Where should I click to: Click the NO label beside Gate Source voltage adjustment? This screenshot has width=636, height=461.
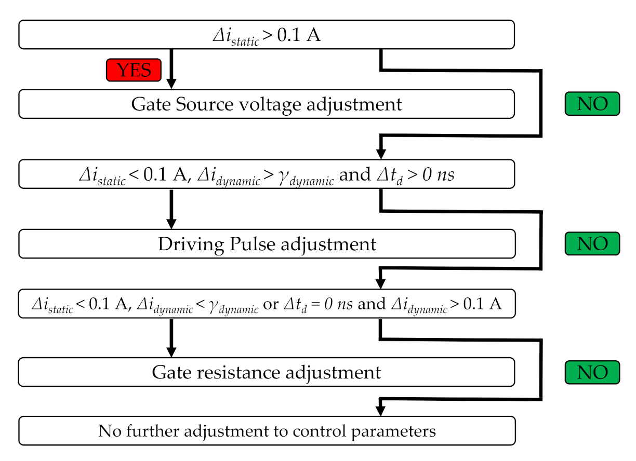point(592,104)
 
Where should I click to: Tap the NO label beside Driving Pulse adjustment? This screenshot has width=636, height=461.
point(592,243)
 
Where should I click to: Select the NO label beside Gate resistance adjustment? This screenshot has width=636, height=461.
point(592,372)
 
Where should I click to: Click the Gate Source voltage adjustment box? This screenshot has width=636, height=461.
point(266,104)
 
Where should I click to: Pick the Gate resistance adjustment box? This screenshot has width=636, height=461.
point(266,372)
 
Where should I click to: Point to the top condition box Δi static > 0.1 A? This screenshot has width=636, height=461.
point(266,34)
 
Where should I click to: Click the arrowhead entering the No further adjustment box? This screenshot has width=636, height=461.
point(381,411)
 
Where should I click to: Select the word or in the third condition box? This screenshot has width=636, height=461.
point(271,304)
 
